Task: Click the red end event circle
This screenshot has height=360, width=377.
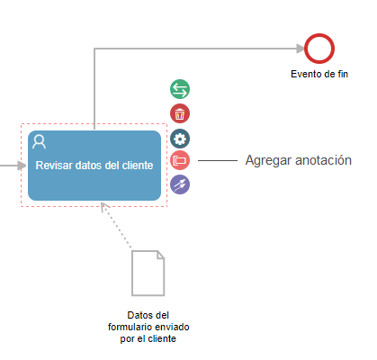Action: (x=319, y=34)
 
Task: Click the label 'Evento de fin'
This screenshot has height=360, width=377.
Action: (x=319, y=74)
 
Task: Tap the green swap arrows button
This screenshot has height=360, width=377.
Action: (x=180, y=89)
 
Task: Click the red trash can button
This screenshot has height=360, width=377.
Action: (x=180, y=113)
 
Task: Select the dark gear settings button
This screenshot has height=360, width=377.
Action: (x=180, y=139)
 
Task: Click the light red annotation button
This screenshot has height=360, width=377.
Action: (x=180, y=160)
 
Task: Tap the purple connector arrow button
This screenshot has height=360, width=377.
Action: (x=180, y=184)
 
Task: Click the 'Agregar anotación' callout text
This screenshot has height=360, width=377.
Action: (x=299, y=160)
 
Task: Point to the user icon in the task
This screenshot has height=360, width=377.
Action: (x=40, y=141)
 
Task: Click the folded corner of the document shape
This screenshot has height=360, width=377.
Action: (x=160, y=255)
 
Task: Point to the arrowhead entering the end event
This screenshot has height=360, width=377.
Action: (x=301, y=49)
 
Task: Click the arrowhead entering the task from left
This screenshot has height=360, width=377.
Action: (x=22, y=166)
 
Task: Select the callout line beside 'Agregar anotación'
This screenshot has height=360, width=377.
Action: (x=218, y=160)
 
